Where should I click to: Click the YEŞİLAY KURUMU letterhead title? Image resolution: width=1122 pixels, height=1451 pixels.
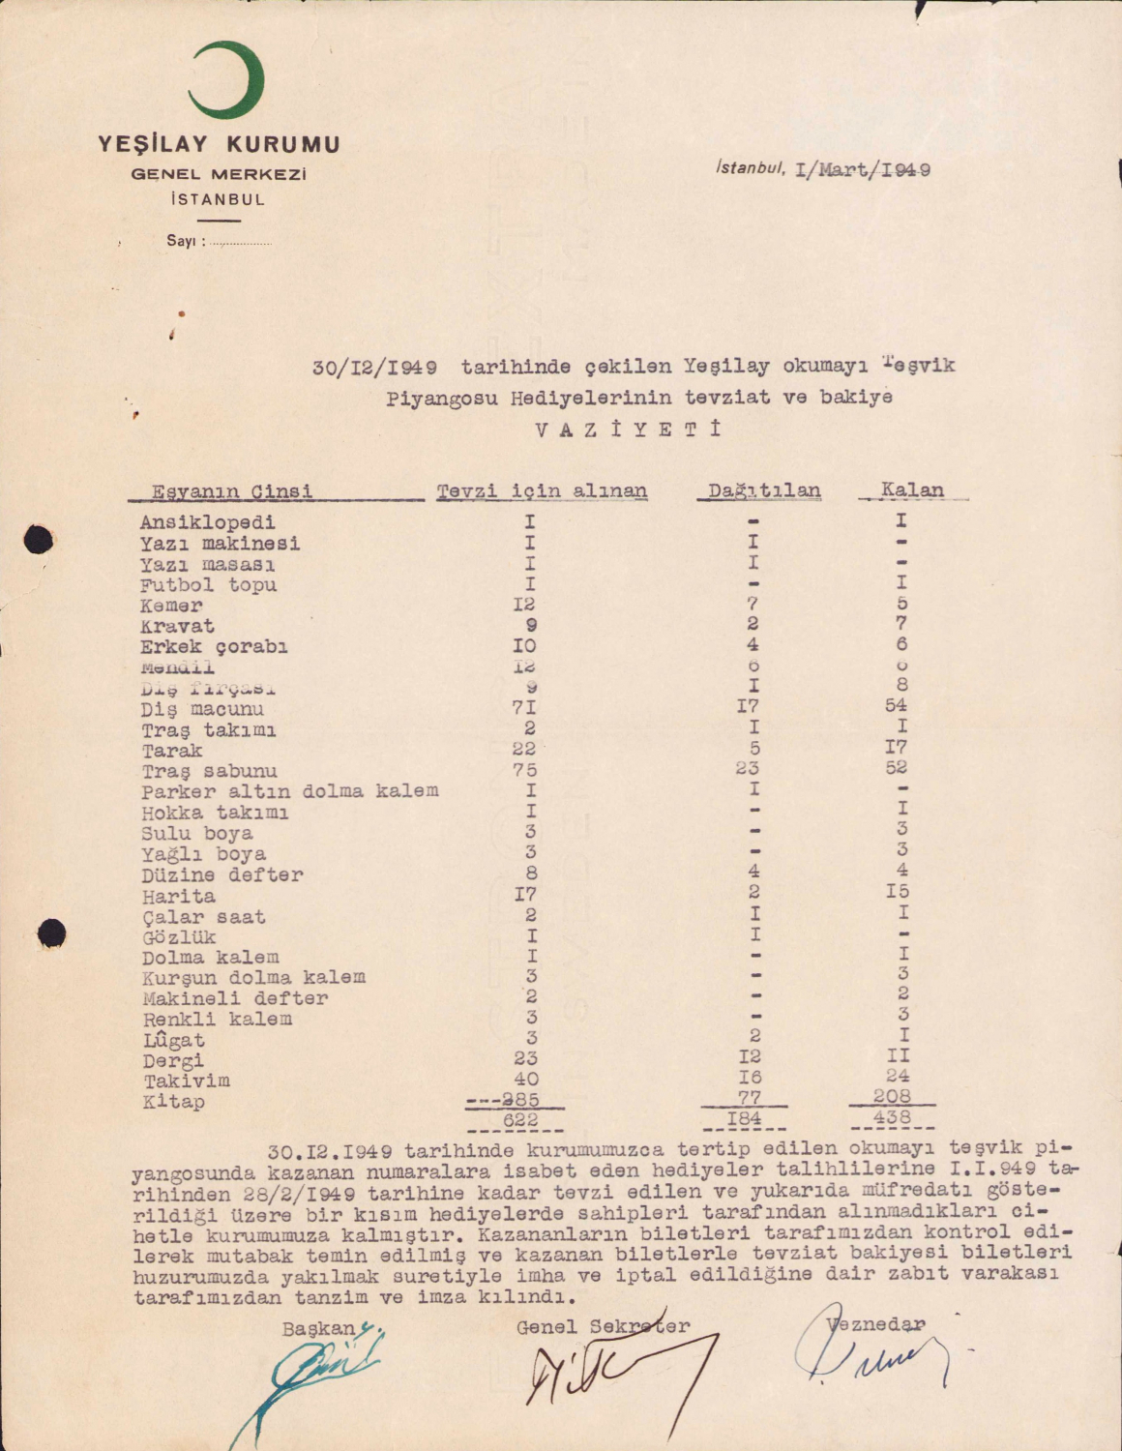pyautogui.click(x=219, y=145)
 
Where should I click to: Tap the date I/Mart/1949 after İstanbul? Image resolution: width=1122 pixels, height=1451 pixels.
pyautogui.click(x=862, y=170)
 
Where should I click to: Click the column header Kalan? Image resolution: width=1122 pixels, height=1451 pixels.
pyautogui.click(x=912, y=489)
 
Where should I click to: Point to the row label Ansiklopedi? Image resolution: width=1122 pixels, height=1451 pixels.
pyautogui.click(x=207, y=523)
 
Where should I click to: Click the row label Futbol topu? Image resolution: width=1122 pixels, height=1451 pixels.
pyautogui.click(x=208, y=585)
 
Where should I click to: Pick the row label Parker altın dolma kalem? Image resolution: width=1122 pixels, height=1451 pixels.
pyautogui.click(x=289, y=791)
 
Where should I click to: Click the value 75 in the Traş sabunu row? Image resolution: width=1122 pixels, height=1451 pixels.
pyautogui.click(x=524, y=771)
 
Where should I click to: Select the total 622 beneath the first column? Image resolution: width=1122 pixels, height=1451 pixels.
pyautogui.click(x=520, y=1119)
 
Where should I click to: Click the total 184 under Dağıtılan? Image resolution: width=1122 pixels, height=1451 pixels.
pyautogui.click(x=745, y=1119)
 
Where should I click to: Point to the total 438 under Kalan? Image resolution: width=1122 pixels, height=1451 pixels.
pyautogui.click(x=892, y=1117)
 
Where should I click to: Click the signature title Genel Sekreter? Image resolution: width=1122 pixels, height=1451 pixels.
pyautogui.click(x=603, y=1327)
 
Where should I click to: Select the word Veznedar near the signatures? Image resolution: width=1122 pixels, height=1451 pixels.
pyautogui.click(x=876, y=1324)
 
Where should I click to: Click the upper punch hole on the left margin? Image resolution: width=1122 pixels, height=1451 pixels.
pyautogui.click(x=39, y=538)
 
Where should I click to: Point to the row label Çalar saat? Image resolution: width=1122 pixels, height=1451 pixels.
pyautogui.click(x=203, y=917)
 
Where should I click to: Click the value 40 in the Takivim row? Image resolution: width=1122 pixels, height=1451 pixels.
pyautogui.click(x=526, y=1080)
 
